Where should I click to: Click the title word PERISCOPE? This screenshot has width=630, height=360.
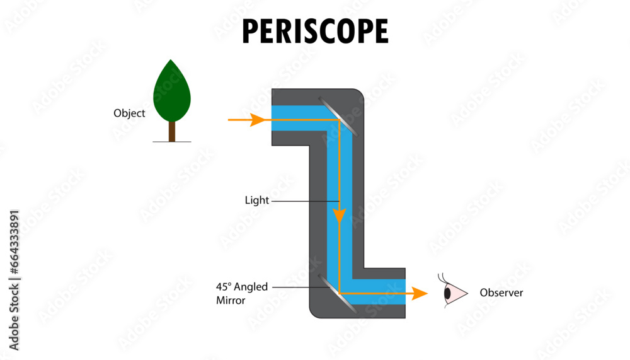pyautogui.click(x=315, y=31)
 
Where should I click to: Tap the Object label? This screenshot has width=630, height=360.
pyautogui.click(x=129, y=113)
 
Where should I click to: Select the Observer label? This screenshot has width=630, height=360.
pyautogui.click(x=501, y=293)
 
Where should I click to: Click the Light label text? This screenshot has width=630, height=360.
pyautogui.click(x=256, y=200)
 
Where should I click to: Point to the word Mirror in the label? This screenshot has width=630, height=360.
pyautogui.click(x=231, y=301)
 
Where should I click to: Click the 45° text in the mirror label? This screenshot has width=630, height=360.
pyautogui.click(x=224, y=287)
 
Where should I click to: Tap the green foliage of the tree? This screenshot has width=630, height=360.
pyautogui.click(x=172, y=91)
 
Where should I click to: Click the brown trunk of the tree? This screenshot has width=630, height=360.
pyautogui.click(x=171, y=131)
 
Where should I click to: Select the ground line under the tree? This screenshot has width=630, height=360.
pyautogui.click(x=171, y=142)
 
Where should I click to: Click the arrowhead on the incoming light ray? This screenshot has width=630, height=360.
pyautogui.click(x=257, y=120)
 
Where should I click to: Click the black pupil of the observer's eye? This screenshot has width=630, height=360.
pyautogui.click(x=447, y=294)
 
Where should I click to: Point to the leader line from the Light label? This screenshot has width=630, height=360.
pyautogui.click(x=304, y=201)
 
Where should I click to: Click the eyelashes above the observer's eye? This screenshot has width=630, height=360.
pyautogui.click(x=444, y=279)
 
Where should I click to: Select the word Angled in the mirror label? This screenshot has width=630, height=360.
pyautogui.click(x=251, y=287)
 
